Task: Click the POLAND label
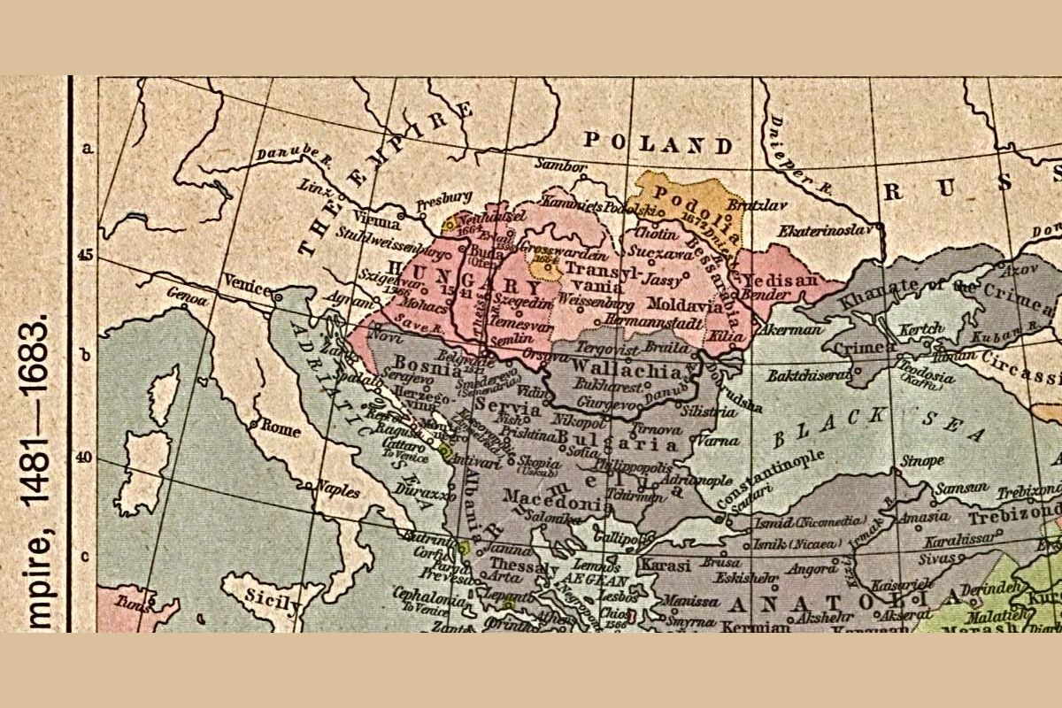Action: tap(659, 143)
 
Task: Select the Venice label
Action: tap(247, 281)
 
